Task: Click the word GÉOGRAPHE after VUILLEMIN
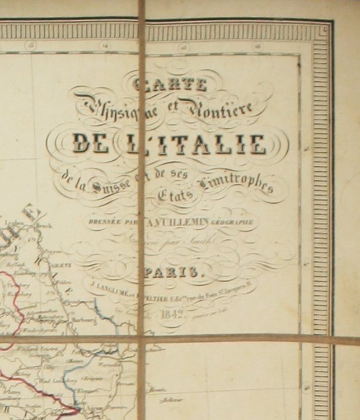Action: pos(232,222)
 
